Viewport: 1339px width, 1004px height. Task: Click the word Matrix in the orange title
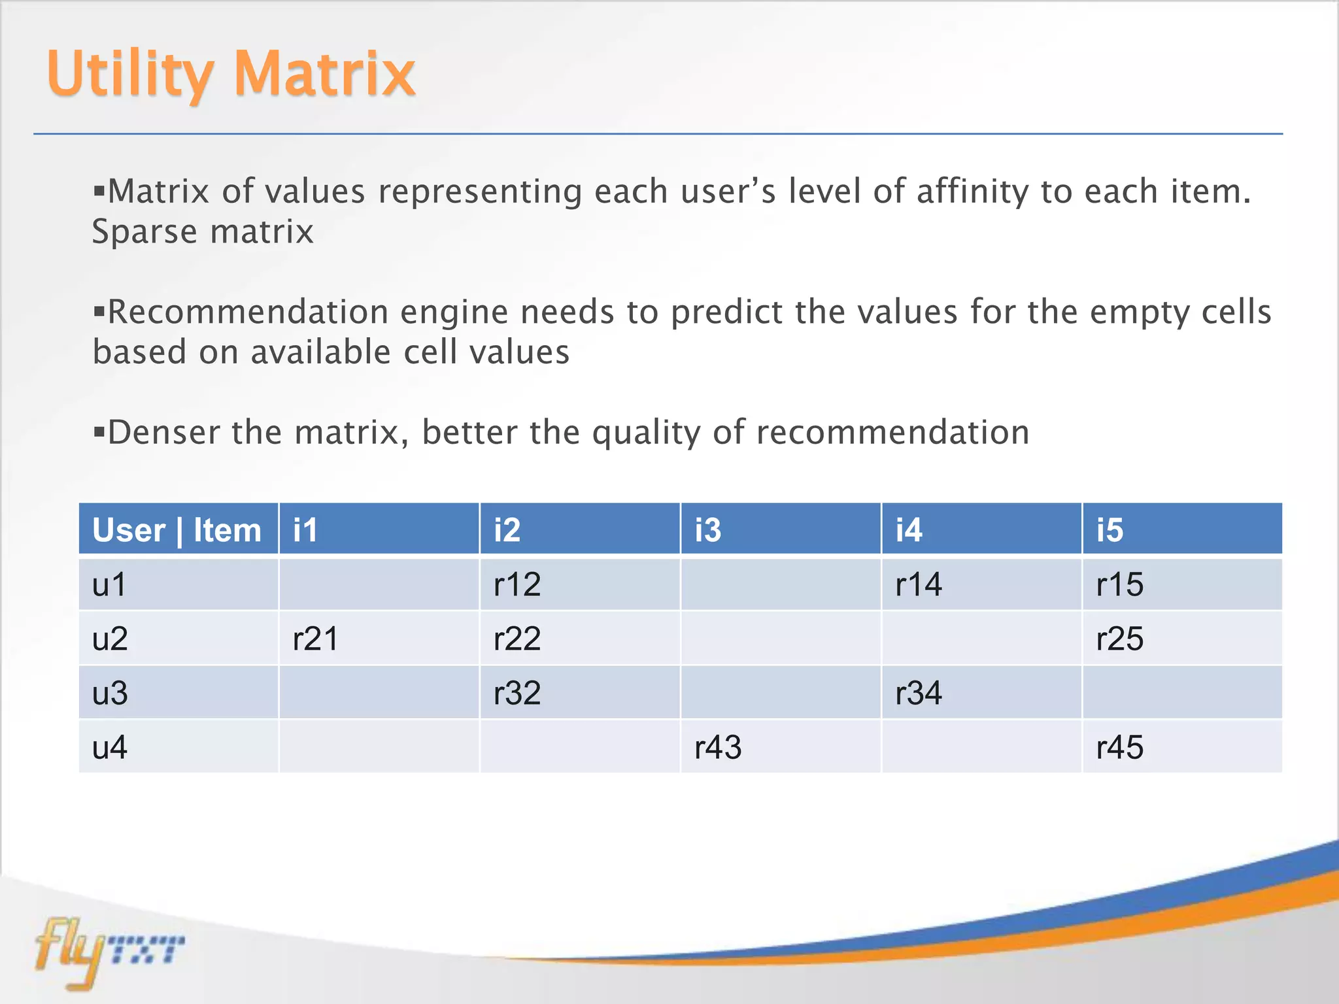click(324, 73)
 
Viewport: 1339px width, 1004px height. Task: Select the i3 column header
click(780, 529)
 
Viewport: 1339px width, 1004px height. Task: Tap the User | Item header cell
click(178, 529)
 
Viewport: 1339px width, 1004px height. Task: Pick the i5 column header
click(1181, 529)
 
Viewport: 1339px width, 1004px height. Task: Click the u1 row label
click(178, 584)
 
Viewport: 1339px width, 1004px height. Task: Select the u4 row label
click(178, 746)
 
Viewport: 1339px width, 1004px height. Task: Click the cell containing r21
click(379, 639)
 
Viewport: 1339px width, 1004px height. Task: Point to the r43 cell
click(780, 746)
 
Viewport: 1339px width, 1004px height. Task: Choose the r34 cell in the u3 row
click(981, 693)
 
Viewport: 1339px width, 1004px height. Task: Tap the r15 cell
click(1181, 584)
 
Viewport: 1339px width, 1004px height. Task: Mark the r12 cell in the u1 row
click(579, 584)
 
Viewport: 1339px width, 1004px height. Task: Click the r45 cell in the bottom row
click(1181, 746)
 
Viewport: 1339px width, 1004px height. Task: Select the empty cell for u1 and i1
click(379, 584)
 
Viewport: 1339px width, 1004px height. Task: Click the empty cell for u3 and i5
click(1181, 693)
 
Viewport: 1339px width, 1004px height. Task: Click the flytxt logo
click(108, 951)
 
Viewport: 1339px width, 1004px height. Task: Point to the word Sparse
click(144, 233)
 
